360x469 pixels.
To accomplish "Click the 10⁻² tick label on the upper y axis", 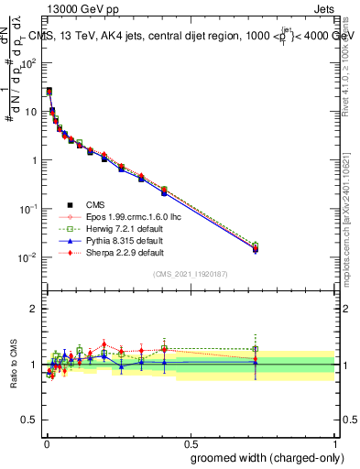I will (28, 256).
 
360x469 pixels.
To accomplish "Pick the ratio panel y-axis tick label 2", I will (37, 309).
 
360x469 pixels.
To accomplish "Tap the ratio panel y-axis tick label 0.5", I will (31, 420).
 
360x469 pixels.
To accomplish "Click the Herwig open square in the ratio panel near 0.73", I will (256, 349).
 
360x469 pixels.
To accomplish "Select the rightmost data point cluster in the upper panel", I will (256, 247).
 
